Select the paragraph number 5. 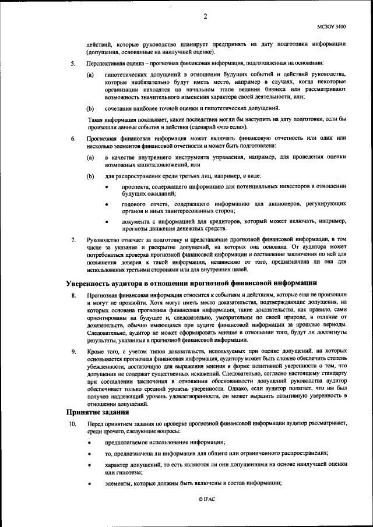pos(72,62)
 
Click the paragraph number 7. pos(72,239)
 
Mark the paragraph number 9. pos(72,352)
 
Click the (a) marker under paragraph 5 pos(90,75)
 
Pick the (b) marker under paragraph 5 pos(90,109)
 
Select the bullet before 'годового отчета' pos(107,205)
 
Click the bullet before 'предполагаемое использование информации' pos(90,443)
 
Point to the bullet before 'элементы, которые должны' pos(90,484)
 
